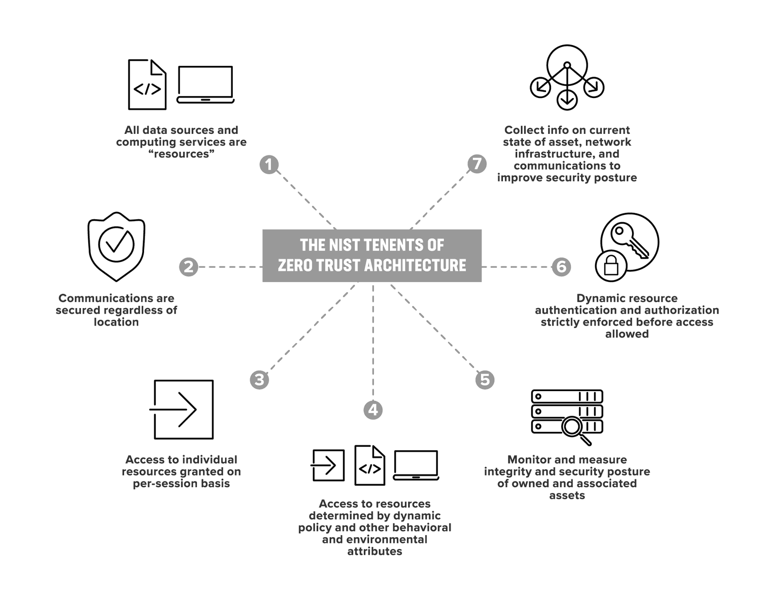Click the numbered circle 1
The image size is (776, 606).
point(269,164)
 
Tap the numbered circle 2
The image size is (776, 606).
point(188,267)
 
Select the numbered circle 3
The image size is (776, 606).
point(259,379)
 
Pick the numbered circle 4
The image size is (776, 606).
point(372,410)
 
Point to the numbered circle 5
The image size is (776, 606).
point(485,379)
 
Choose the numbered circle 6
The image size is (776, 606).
point(561,267)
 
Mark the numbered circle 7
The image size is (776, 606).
point(477,164)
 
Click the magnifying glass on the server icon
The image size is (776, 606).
point(574,428)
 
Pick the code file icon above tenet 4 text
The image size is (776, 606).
point(370,465)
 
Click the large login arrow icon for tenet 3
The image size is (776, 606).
point(182,409)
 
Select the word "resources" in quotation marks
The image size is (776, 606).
point(181,154)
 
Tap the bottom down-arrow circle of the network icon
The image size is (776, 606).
point(567,100)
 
